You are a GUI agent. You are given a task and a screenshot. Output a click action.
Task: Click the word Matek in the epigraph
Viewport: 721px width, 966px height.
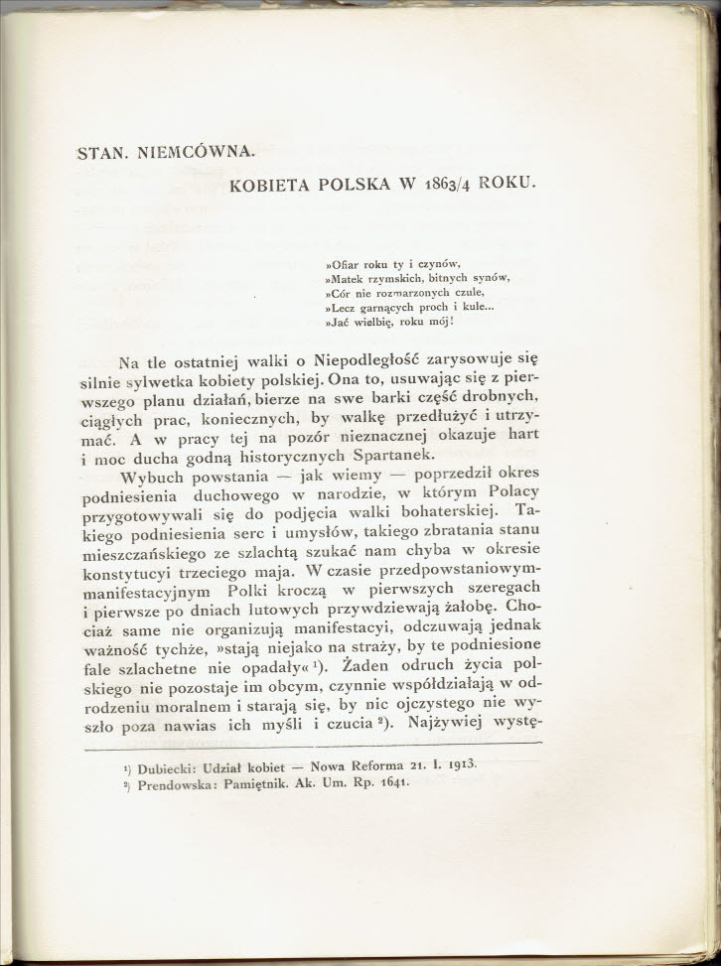click(x=351, y=278)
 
